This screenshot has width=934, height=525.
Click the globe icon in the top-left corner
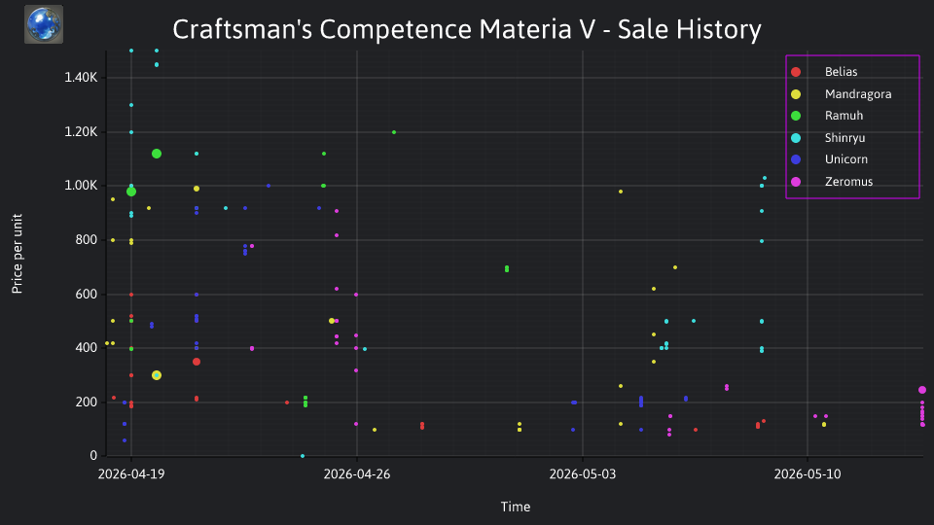[44, 24]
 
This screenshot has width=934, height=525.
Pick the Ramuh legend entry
[827, 116]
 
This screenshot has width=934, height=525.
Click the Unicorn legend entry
[829, 159]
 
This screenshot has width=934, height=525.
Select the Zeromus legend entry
[832, 182]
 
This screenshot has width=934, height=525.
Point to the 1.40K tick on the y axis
[81, 78]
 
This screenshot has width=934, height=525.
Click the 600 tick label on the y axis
[86, 294]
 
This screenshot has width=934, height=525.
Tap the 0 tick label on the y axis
[93, 456]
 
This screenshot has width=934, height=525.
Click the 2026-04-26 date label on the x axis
[357, 474]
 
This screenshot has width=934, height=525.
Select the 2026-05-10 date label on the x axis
[808, 474]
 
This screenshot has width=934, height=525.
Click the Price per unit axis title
[17, 254]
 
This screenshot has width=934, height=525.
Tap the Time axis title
[516, 507]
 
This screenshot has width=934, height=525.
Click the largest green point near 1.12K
[157, 154]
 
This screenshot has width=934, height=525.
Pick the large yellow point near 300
[157, 375]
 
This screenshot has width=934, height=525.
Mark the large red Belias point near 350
[197, 362]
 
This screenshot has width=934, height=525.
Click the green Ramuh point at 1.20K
[394, 132]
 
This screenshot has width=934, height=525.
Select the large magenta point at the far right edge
[922, 390]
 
